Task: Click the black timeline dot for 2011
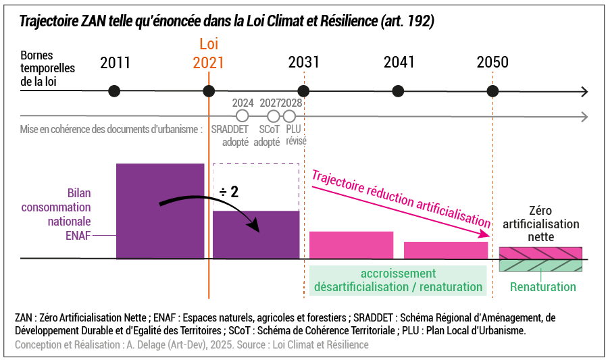(115, 91)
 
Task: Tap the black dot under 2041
(399, 91)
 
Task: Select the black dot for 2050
(492, 91)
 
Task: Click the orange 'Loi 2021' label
(208, 54)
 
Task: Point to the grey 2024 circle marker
(243, 115)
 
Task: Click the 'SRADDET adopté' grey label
(230, 135)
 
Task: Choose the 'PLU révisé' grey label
(295, 135)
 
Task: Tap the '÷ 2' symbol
(228, 192)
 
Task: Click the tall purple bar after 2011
(160, 211)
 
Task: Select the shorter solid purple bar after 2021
(256, 234)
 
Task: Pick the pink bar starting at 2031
(351, 245)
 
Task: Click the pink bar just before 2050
(446, 250)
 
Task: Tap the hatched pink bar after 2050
(540, 253)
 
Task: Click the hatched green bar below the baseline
(540, 265)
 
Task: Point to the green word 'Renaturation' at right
(543, 287)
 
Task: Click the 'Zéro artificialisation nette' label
(543, 224)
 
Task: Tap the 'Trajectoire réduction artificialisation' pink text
(401, 197)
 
